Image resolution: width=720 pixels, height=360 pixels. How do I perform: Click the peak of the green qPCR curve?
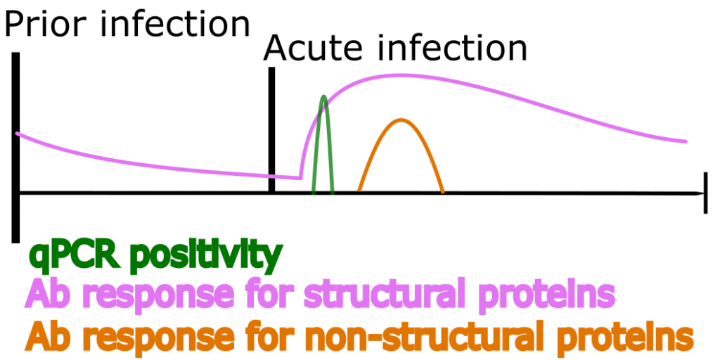[x=323, y=97]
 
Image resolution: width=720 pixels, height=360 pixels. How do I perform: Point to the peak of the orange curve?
[x=401, y=120]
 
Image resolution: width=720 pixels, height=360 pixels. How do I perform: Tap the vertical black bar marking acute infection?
[x=272, y=130]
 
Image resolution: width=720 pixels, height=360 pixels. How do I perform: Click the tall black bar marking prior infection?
[x=15, y=147]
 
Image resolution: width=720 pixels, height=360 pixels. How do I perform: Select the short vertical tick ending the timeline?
[x=705, y=193]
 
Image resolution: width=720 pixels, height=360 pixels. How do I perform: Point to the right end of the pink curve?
[x=686, y=141]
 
